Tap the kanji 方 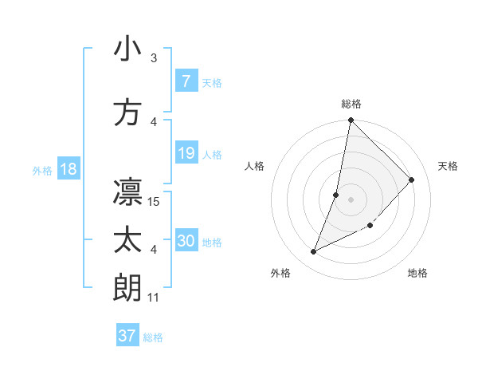[127, 112]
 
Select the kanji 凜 [127, 191]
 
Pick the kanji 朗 [127, 288]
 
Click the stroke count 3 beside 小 [154, 58]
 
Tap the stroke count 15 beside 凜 [155, 201]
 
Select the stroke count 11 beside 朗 [155, 298]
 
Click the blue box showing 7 [186, 81]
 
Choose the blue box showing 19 [186, 153]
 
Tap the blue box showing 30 [186, 242]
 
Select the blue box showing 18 [68, 170]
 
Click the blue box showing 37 [127, 336]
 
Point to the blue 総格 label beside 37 [153, 337]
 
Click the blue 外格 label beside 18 [42, 171]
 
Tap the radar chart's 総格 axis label [351, 104]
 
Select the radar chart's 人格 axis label [255, 166]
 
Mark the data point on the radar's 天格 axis [412, 180]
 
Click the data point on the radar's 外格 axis [314, 252]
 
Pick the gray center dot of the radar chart [351, 199]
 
